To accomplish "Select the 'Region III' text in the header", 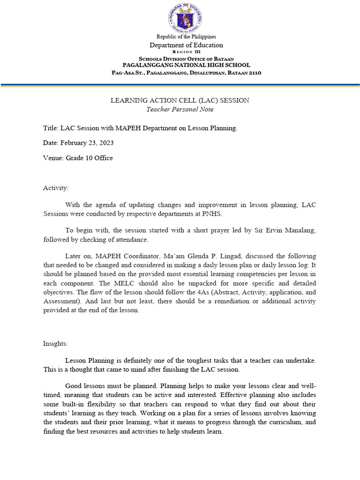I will coord(186,52).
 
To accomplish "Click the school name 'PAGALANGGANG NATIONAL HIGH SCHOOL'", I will coord(186,65).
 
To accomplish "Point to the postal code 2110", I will coord(253,73).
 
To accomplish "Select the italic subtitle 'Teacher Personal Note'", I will coord(180,109).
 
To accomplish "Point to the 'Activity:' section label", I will coord(56,188).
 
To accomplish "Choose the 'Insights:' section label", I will coord(55,344).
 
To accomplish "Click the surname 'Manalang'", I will coord(300,230).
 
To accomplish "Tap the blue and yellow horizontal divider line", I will coord(180,85).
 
